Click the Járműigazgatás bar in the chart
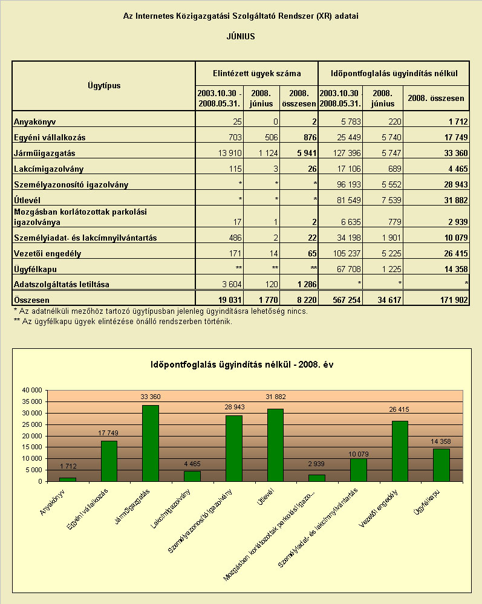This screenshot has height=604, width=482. (150, 443)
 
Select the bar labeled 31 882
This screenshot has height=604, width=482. (275, 445)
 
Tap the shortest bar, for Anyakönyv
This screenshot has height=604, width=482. (67, 479)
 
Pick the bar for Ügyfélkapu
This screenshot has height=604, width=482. (441, 465)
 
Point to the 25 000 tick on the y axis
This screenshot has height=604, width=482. (32, 424)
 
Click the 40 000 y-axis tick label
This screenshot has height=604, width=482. (32, 390)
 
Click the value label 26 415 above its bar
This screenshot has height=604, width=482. (399, 409)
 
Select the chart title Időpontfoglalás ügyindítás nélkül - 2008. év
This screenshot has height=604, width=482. (242, 365)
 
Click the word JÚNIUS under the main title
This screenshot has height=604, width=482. (241, 37)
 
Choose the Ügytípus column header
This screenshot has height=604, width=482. (104, 85)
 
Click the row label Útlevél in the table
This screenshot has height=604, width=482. (27, 200)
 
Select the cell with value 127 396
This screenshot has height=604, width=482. (347, 153)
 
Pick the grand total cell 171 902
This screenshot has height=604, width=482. (454, 300)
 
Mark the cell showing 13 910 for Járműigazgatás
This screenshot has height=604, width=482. (230, 153)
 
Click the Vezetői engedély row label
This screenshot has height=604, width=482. (47, 253)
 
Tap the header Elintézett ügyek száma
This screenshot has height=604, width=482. (257, 73)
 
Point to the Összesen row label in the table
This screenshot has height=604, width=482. (31, 300)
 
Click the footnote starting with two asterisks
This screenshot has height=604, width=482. (123, 321)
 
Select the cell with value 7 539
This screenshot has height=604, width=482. (391, 200)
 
